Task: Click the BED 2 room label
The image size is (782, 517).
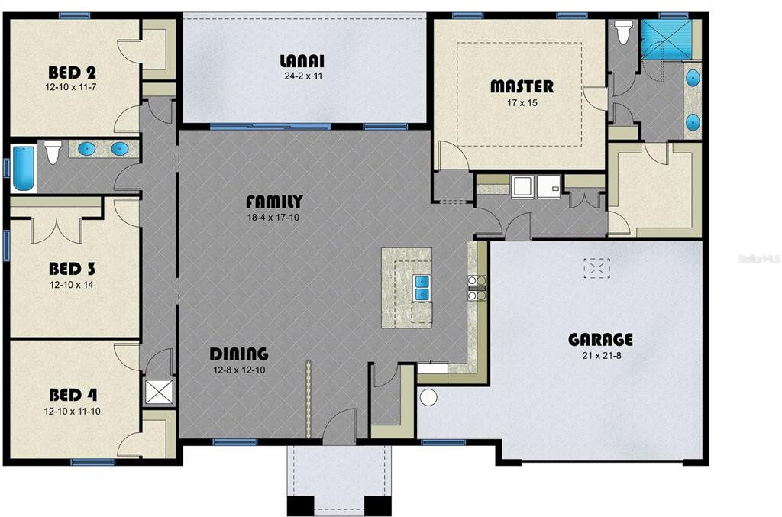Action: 72,73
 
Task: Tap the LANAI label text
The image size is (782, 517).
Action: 302,61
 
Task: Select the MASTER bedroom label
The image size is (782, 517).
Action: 522,86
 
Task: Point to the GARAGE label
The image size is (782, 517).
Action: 600,340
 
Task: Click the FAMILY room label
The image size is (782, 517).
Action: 274,202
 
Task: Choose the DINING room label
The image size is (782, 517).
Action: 239,354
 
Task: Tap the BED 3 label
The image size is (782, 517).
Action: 72,270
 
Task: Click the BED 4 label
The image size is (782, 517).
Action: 73,396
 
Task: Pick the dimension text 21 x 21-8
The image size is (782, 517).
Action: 602,356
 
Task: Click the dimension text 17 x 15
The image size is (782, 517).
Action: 522,103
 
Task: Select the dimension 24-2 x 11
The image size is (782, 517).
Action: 303,76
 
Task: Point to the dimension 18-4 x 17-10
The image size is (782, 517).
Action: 273,218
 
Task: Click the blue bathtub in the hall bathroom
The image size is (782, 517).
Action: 24,168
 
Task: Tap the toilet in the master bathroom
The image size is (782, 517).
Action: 622,32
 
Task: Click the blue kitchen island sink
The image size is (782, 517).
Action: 422,288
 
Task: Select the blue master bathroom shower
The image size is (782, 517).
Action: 666,39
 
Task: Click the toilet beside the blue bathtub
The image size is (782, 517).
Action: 53,152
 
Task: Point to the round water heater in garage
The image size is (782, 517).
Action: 428,397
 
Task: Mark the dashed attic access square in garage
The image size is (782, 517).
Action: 596,268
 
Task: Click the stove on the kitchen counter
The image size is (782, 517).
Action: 477,288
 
